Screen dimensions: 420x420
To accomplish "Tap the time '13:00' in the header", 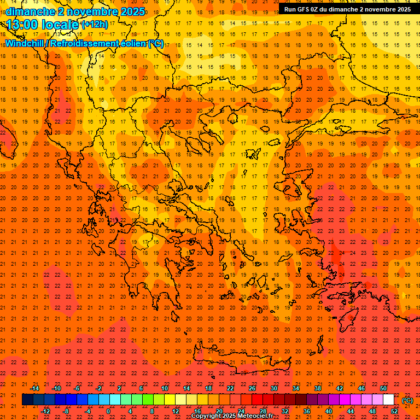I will point(24,24).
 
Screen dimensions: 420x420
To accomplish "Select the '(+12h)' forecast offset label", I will point(95,25).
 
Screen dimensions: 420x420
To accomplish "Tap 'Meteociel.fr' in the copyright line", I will point(255,416).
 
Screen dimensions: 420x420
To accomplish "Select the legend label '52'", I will point(394,411).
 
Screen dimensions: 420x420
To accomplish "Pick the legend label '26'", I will point(252,389).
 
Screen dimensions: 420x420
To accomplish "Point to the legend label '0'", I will point(108,411).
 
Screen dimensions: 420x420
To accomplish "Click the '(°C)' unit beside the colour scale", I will point(407,400).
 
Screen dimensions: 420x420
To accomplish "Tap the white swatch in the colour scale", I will point(388,400).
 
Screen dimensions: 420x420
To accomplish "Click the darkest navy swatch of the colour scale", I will point(27,400).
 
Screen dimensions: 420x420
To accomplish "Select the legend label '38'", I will point(318,389).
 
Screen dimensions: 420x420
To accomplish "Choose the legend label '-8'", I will point(66,411).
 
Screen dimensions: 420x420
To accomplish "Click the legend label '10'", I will point(164,389).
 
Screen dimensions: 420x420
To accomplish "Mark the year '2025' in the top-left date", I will point(132,11).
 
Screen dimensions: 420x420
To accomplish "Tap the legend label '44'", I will point(351,411).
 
